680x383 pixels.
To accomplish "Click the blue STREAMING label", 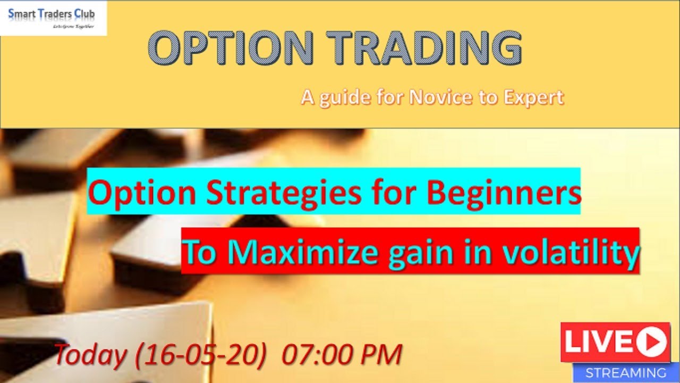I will pos(625,372).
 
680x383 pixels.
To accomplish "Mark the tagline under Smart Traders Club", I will pos(73,26).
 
